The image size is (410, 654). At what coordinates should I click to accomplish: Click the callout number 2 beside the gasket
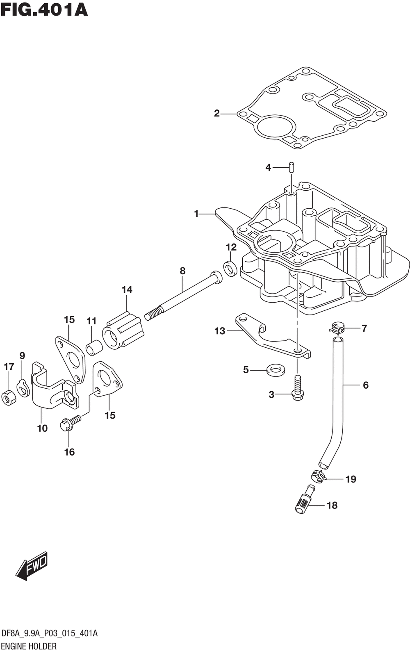point(217,114)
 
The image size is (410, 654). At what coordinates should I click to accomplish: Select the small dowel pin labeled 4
point(291,167)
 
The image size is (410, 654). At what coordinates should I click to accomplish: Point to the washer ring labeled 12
point(230,268)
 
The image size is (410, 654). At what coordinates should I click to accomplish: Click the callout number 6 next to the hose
point(365,385)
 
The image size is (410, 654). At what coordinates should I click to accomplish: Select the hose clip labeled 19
point(318,476)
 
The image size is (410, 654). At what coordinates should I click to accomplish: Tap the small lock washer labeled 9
point(23,387)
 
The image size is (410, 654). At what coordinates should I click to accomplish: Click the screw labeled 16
point(70,423)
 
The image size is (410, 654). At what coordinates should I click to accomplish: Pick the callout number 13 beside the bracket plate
point(220,331)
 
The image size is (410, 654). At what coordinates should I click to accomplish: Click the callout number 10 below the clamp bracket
point(42,428)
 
